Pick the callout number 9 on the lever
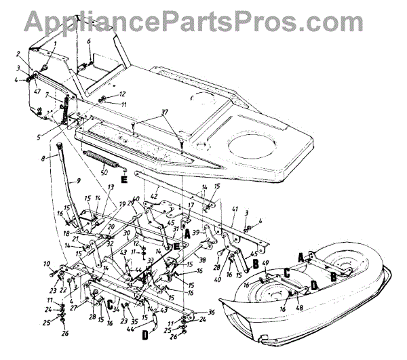(79, 181)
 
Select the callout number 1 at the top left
(55, 45)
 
